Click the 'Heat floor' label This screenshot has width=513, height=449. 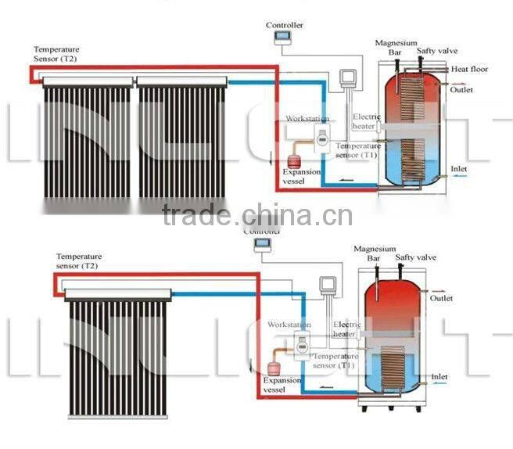point(469,70)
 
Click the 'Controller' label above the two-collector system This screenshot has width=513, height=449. point(284,26)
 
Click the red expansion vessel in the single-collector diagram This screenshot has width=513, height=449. point(274,368)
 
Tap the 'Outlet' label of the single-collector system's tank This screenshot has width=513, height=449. point(441,298)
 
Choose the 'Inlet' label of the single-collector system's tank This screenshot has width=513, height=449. point(439,377)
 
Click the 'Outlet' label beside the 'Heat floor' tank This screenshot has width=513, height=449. point(461,90)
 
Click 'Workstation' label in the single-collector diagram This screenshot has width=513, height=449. point(289,325)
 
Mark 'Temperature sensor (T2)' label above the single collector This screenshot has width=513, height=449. point(78,261)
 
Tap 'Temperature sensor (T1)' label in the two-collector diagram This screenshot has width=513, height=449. point(358,150)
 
